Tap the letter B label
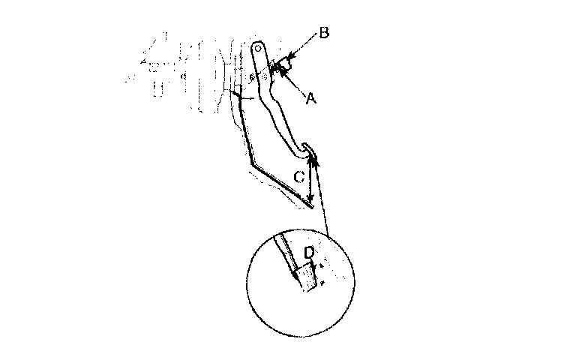coord(323,33)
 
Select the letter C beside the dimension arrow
coord(298,178)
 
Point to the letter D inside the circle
coord(308,253)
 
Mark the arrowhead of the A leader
coord(279,70)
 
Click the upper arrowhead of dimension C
coord(311,157)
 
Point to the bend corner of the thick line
coord(250,165)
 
